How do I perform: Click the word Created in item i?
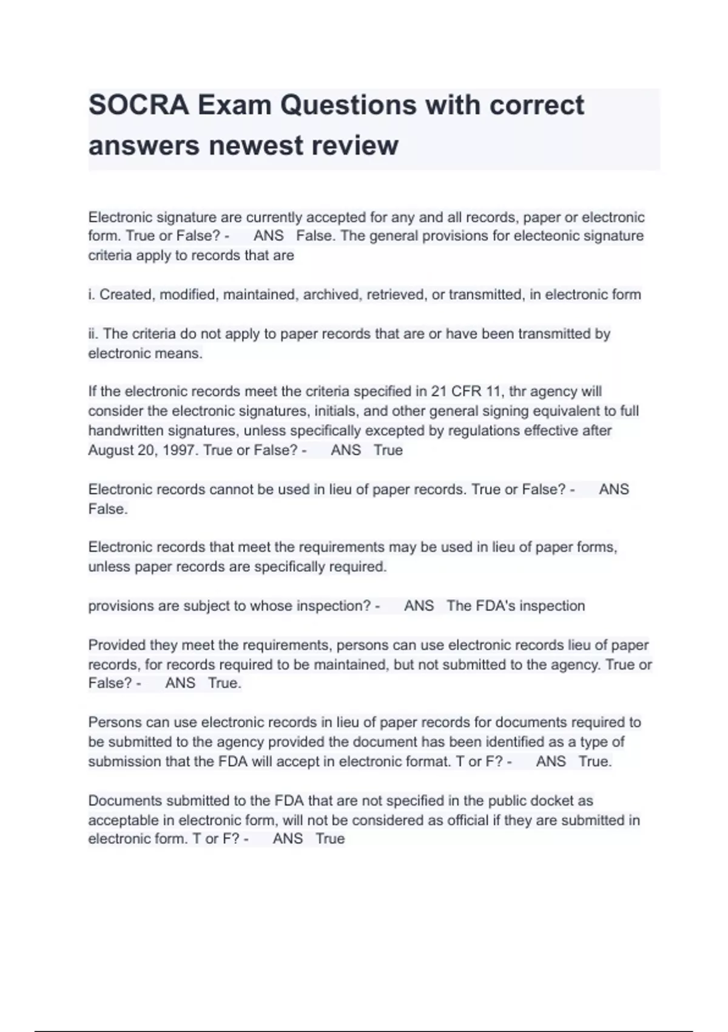(125, 295)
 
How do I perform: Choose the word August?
(110, 450)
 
